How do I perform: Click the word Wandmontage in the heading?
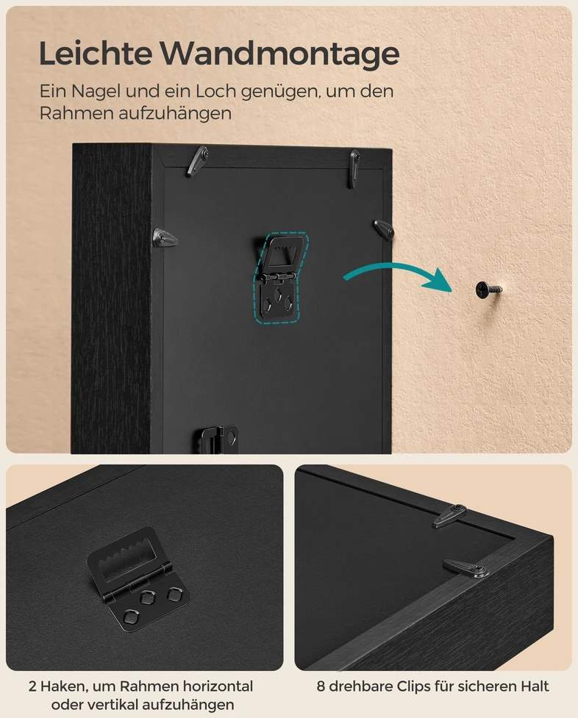point(279,54)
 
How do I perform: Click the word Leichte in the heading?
point(96,53)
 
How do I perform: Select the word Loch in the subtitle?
point(216,92)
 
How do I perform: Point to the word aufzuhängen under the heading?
point(174,114)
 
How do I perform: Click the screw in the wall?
point(488,290)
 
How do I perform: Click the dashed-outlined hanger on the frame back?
point(280,278)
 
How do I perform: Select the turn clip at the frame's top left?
point(196,161)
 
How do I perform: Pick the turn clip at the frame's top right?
point(354,167)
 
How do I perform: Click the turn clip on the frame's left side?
point(164,238)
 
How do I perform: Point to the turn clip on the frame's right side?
point(384,229)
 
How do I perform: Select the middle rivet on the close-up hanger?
point(148,597)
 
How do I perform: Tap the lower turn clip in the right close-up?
point(465,568)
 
